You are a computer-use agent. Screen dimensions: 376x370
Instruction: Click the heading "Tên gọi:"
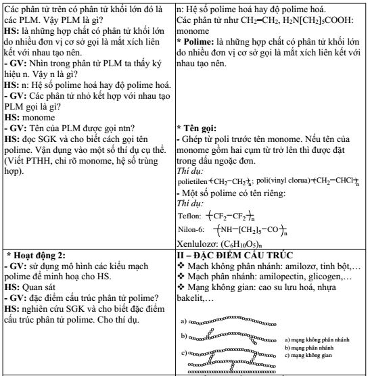200,127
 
